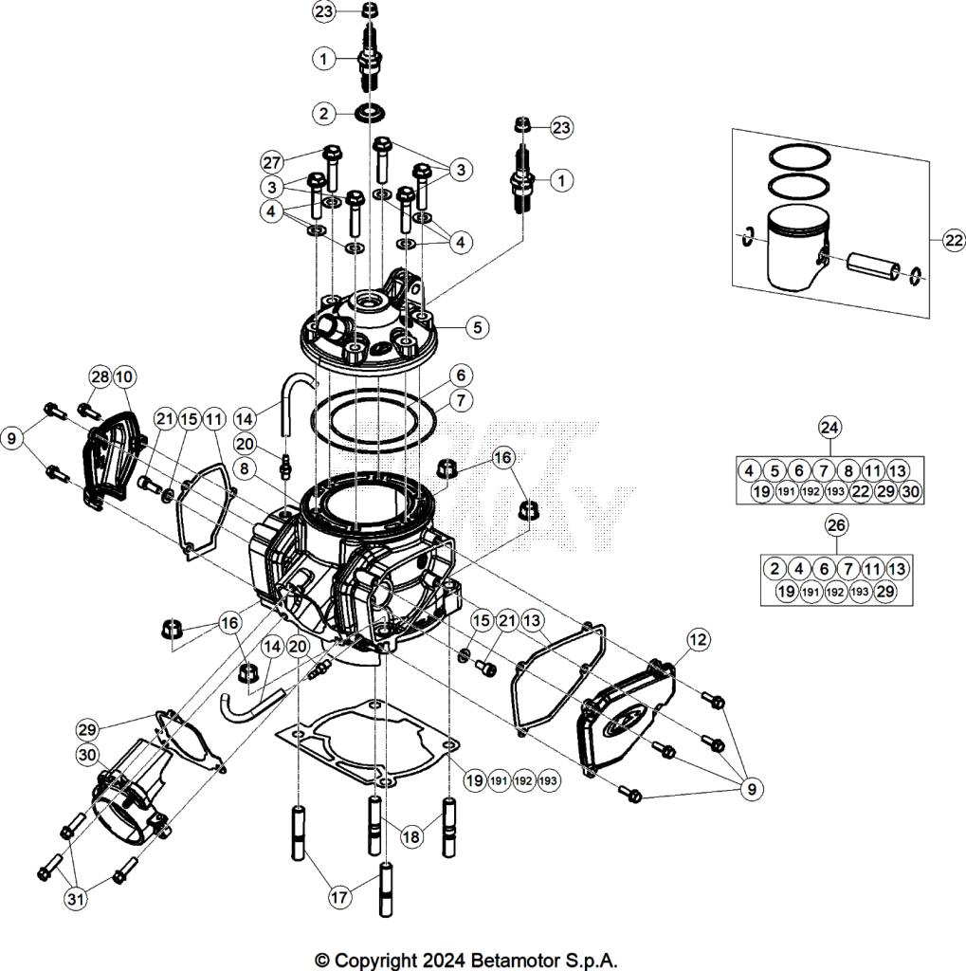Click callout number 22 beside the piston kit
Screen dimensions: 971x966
click(953, 241)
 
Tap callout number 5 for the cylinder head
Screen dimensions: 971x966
click(477, 327)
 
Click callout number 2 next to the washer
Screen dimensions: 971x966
click(325, 114)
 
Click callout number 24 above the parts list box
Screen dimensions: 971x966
click(829, 428)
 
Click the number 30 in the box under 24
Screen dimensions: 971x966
click(909, 491)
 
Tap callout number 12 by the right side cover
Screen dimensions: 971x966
click(697, 640)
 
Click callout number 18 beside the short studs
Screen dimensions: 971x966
click(410, 836)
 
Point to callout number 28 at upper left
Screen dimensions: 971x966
click(100, 376)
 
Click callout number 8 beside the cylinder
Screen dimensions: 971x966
click(244, 468)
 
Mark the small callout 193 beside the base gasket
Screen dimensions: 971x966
click(546, 780)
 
